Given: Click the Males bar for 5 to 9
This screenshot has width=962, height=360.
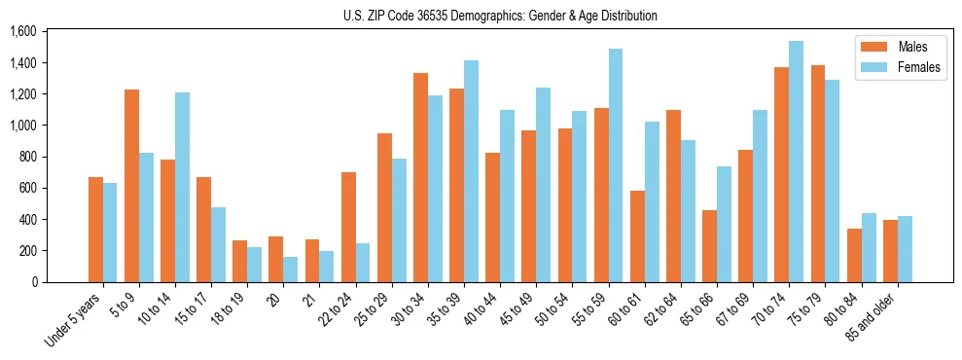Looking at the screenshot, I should click(132, 186).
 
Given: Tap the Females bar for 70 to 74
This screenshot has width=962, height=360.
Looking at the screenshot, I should click(797, 162).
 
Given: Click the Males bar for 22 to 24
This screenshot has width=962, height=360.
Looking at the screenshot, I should click(349, 227).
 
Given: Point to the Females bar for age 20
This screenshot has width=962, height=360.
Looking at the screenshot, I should click(291, 270).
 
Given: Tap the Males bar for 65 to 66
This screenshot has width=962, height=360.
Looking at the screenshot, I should click(710, 246).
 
